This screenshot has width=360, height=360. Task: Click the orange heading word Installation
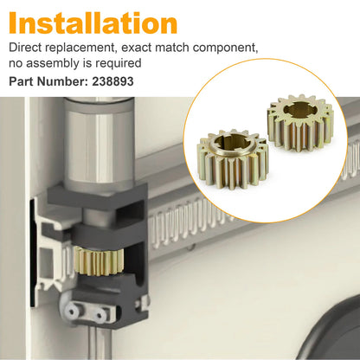(93, 23)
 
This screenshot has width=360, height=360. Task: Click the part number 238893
(112, 81)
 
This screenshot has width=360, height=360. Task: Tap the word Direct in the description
(25, 48)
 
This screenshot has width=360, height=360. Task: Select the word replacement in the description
(80, 48)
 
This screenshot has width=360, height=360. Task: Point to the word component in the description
(226, 48)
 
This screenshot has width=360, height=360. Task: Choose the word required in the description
(119, 63)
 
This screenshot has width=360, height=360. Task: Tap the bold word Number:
(62, 81)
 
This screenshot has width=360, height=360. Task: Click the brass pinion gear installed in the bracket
(99, 261)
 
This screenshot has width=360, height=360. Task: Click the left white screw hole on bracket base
(72, 312)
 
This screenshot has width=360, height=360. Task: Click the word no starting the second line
(16, 64)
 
